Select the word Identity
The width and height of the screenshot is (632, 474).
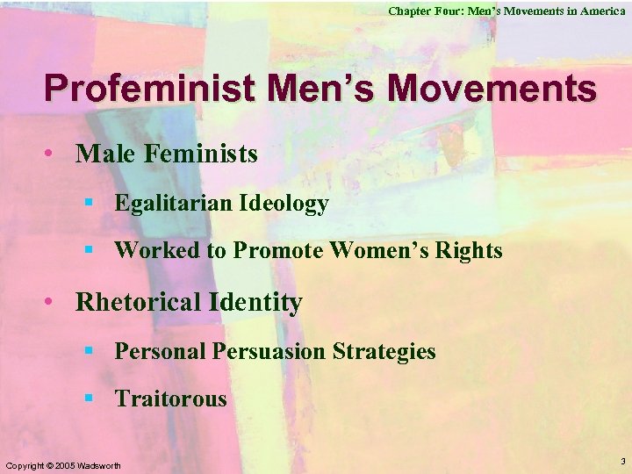(256, 303)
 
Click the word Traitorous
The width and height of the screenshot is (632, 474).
(170, 399)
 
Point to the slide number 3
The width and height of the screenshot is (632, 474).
(622, 461)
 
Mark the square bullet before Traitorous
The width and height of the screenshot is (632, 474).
(89, 400)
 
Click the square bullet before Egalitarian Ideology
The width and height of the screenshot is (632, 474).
(89, 205)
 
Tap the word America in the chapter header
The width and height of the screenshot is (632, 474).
(603, 11)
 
